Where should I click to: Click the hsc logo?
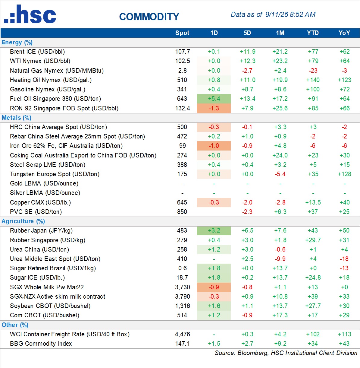(30, 14)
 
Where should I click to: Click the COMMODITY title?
(149, 17)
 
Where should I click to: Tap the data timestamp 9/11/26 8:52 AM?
(290, 14)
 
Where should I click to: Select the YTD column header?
(313, 33)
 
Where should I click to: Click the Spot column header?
(182, 33)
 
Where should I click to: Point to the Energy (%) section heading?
(17, 42)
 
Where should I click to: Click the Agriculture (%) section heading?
(23, 221)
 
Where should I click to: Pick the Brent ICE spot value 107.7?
(183, 52)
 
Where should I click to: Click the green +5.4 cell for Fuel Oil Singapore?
(214, 99)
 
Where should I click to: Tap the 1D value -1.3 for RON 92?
(214, 108)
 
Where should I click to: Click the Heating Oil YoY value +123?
(344, 80)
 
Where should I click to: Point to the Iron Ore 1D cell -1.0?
(214, 146)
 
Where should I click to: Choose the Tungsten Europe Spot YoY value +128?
(344, 174)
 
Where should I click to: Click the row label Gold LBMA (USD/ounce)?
(44, 183)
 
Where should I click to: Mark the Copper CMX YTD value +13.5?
(313, 202)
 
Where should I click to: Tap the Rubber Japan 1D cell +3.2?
(214, 230)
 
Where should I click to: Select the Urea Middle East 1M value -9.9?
(280, 259)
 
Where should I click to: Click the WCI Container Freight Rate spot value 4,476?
(183, 334)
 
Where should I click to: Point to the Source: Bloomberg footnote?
(286, 353)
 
